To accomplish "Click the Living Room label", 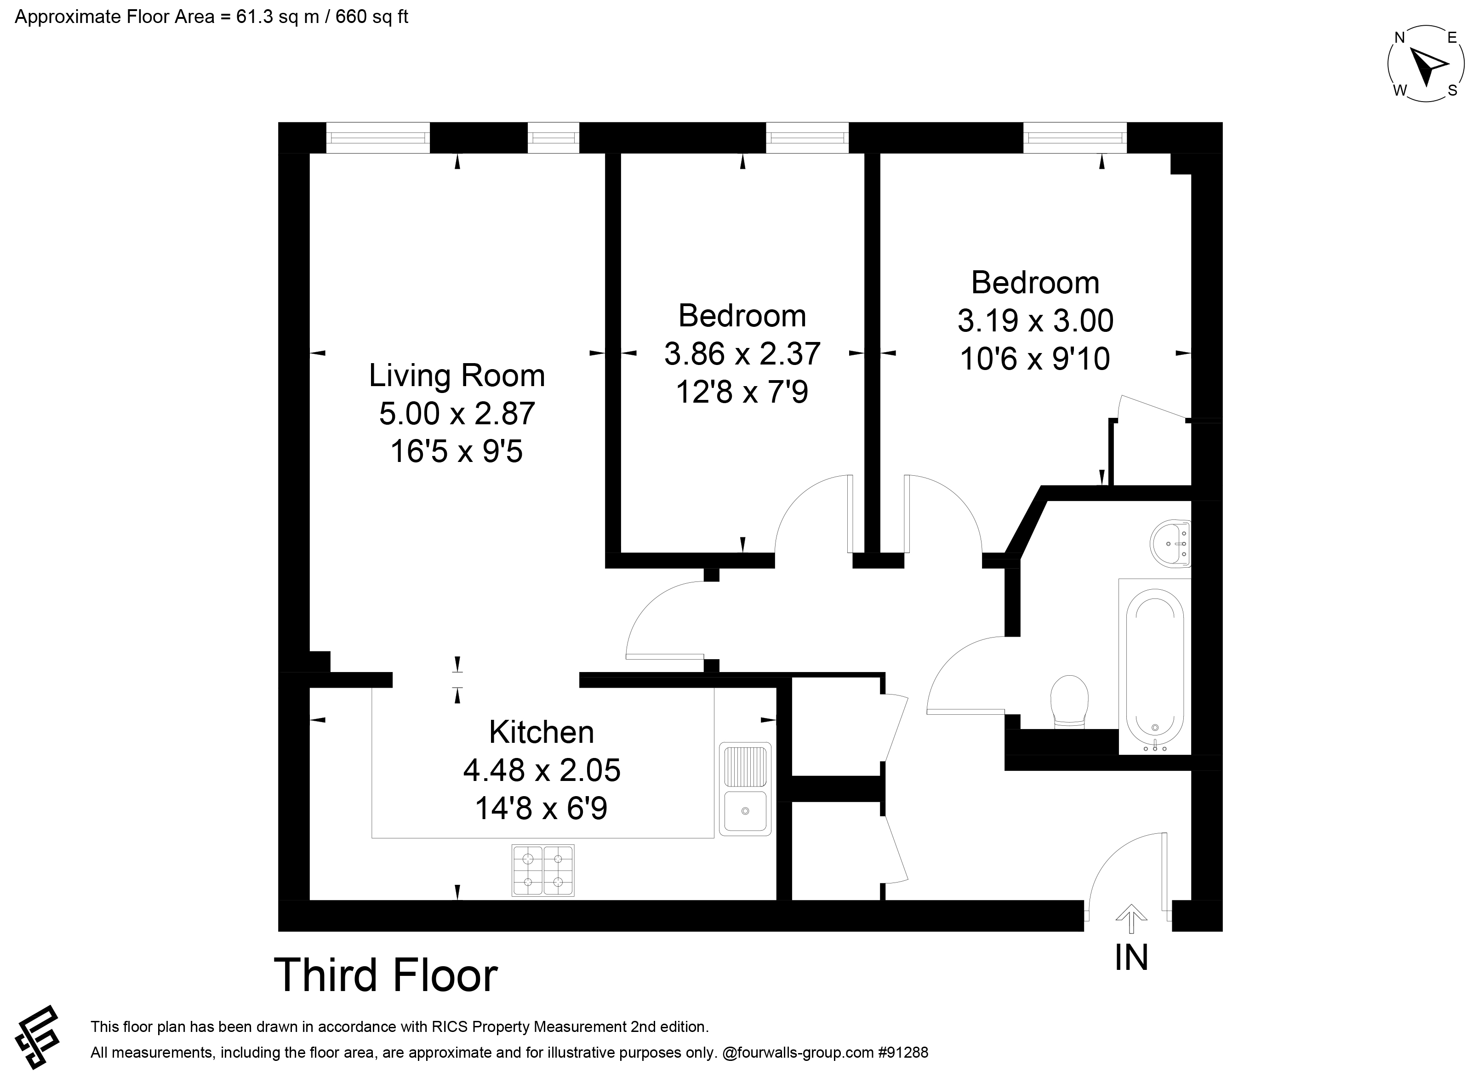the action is [457, 376].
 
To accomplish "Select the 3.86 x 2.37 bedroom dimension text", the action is [742, 354].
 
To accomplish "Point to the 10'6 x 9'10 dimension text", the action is [1035, 359].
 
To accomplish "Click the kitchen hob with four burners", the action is [543, 870].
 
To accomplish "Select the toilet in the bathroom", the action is [1069, 702].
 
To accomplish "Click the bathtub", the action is [1155, 666].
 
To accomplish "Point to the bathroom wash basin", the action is [1170, 543].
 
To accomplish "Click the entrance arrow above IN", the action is [1131, 919].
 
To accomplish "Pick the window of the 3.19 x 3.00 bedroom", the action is [1075, 137].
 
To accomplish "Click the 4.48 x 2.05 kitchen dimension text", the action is [542, 770].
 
